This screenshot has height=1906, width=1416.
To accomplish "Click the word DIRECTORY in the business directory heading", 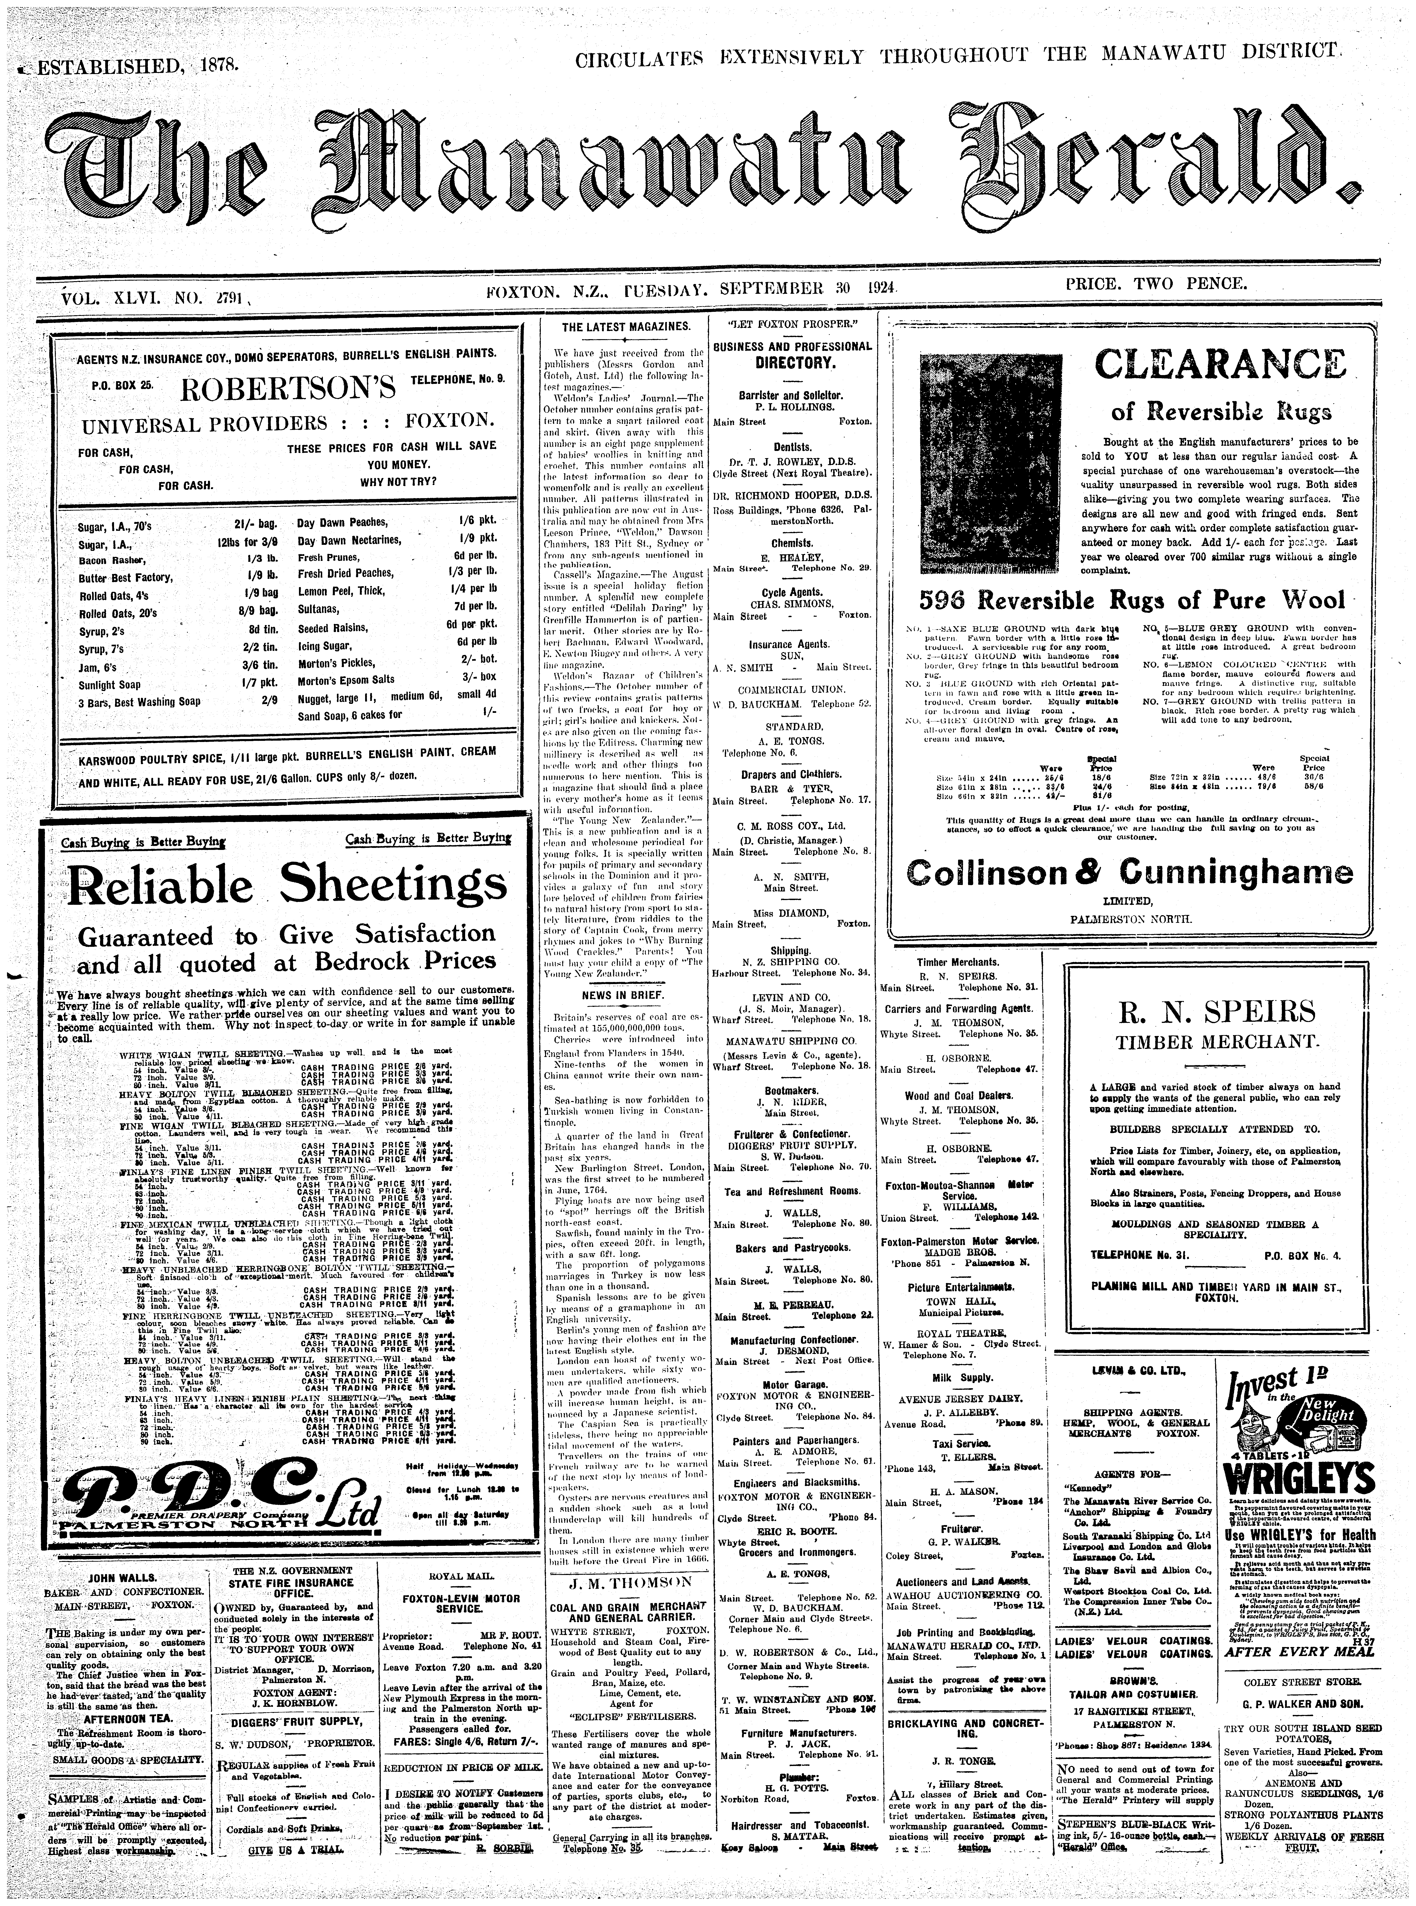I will pyautogui.click(x=792, y=363).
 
